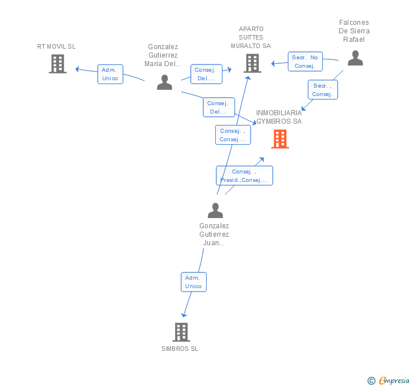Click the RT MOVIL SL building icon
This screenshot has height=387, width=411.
pyautogui.click(x=57, y=64)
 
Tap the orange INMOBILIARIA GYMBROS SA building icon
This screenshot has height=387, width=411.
pyautogui.click(x=280, y=139)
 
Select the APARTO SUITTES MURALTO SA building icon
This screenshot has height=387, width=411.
pyautogui.click(x=252, y=63)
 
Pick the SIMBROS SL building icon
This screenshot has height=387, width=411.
pyautogui.click(x=181, y=332)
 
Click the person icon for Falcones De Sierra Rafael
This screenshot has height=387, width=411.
pyautogui.click(x=355, y=58)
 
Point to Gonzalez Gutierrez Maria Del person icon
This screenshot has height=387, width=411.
pyautogui.click(x=164, y=82)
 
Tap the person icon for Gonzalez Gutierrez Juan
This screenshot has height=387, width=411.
pyautogui.click(x=215, y=210)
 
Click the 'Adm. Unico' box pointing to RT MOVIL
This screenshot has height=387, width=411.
pyautogui.click(x=110, y=74)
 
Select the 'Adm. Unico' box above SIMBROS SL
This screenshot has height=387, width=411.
pyautogui.click(x=194, y=282)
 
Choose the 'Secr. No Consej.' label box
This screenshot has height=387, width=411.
pyautogui.click(x=305, y=62)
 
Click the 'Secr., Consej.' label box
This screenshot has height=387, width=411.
pyautogui.click(x=322, y=90)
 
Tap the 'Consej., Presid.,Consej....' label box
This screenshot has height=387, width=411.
pyautogui.click(x=244, y=176)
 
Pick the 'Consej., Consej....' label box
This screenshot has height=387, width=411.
pyautogui.click(x=233, y=135)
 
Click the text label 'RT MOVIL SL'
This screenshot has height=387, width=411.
pyautogui.click(x=56, y=46)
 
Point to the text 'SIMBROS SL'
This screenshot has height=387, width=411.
pyautogui.click(x=180, y=349)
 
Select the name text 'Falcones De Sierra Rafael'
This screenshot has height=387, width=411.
pyautogui.click(x=355, y=31)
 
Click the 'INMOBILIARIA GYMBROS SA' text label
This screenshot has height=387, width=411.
pyautogui.click(x=279, y=117)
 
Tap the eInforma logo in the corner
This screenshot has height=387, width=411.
pyautogui.click(x=388, y=380)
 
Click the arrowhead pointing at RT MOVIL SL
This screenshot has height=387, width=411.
pyautogui.click(x=78, y=69)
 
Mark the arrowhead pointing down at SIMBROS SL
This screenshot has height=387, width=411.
pyautogui.click(x=183, y=315)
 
